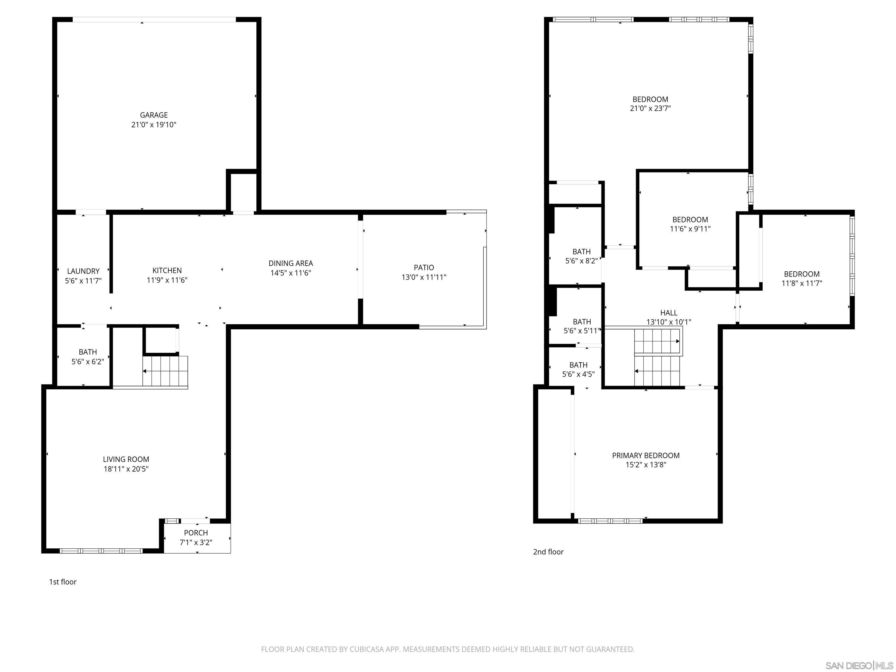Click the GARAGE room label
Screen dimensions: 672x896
pos(153,115)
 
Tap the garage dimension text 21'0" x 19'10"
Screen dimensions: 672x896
pos(153,125)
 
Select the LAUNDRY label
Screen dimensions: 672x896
pos(83,271)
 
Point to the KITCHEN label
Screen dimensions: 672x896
pos(167,270)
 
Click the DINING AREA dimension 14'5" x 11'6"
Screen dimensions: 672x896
pos(290,273)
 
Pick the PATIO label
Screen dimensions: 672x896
pos(424,267)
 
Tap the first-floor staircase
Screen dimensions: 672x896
pos(165,371)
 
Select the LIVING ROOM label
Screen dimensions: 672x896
pos(126,459)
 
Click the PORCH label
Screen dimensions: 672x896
pos(196,533)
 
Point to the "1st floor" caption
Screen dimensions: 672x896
pos(63,582)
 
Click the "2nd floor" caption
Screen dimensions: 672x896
pos(548,552)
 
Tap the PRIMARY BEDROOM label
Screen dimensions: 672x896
pos(646,455)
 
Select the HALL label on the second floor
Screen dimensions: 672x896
pos(668,313)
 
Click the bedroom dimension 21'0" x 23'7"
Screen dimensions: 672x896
pos(650,108)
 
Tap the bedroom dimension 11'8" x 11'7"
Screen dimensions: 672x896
pos(801,283)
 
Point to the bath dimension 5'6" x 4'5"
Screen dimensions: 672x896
pos(578,374)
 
